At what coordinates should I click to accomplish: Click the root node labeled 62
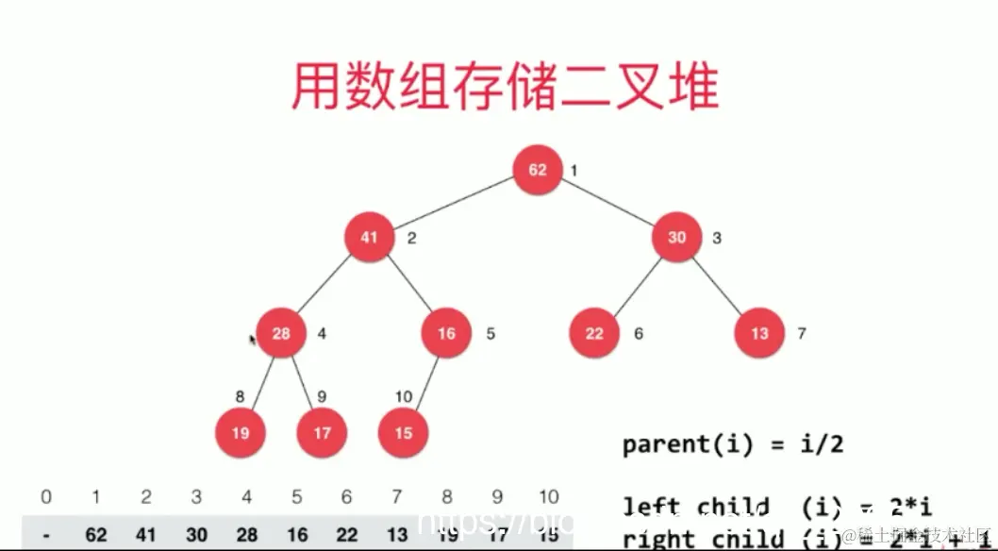(538, 170)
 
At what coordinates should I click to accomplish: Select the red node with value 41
(369, 238)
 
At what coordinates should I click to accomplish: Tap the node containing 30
(677, 238)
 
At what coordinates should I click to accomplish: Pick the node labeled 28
(281, 333)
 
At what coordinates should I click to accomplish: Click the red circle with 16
(446, 333)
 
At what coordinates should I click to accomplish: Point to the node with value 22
(594, 333)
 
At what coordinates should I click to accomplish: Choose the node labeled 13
(759, 333)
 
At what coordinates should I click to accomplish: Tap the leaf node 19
(240, 433)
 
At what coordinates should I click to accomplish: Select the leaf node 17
(322, 433)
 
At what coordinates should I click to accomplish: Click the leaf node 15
(404, 433)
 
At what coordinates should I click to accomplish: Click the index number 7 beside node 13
(802, 333)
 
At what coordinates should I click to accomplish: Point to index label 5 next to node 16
(491, 333)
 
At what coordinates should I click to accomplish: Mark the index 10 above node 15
(404, 396)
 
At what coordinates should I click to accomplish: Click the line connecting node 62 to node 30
(608, 204)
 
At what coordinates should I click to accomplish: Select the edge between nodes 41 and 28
(324, 286)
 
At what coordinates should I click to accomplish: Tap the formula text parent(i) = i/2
(731, 444)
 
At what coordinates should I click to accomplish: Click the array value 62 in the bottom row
(96, 535)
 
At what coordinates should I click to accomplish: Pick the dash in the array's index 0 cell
(46, 535)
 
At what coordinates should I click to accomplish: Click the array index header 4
(246, 497)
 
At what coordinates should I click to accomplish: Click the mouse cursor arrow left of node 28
(253, 340)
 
